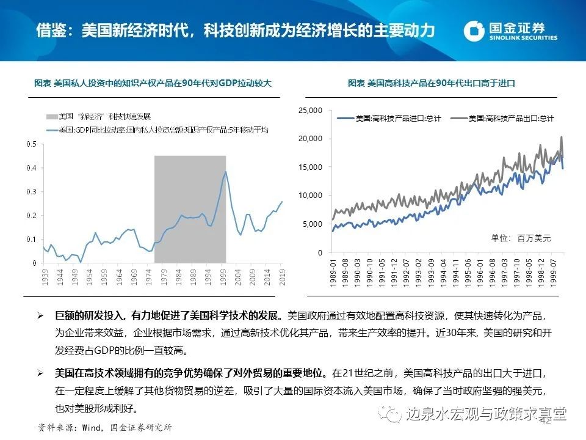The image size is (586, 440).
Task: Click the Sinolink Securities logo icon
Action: click(476, 31)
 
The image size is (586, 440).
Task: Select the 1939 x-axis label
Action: click(45, 274)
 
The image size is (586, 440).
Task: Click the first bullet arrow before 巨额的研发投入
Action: click(40, 317)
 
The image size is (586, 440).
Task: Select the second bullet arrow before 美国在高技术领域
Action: click(40, 373)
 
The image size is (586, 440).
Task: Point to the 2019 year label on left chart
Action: click(283, 274)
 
